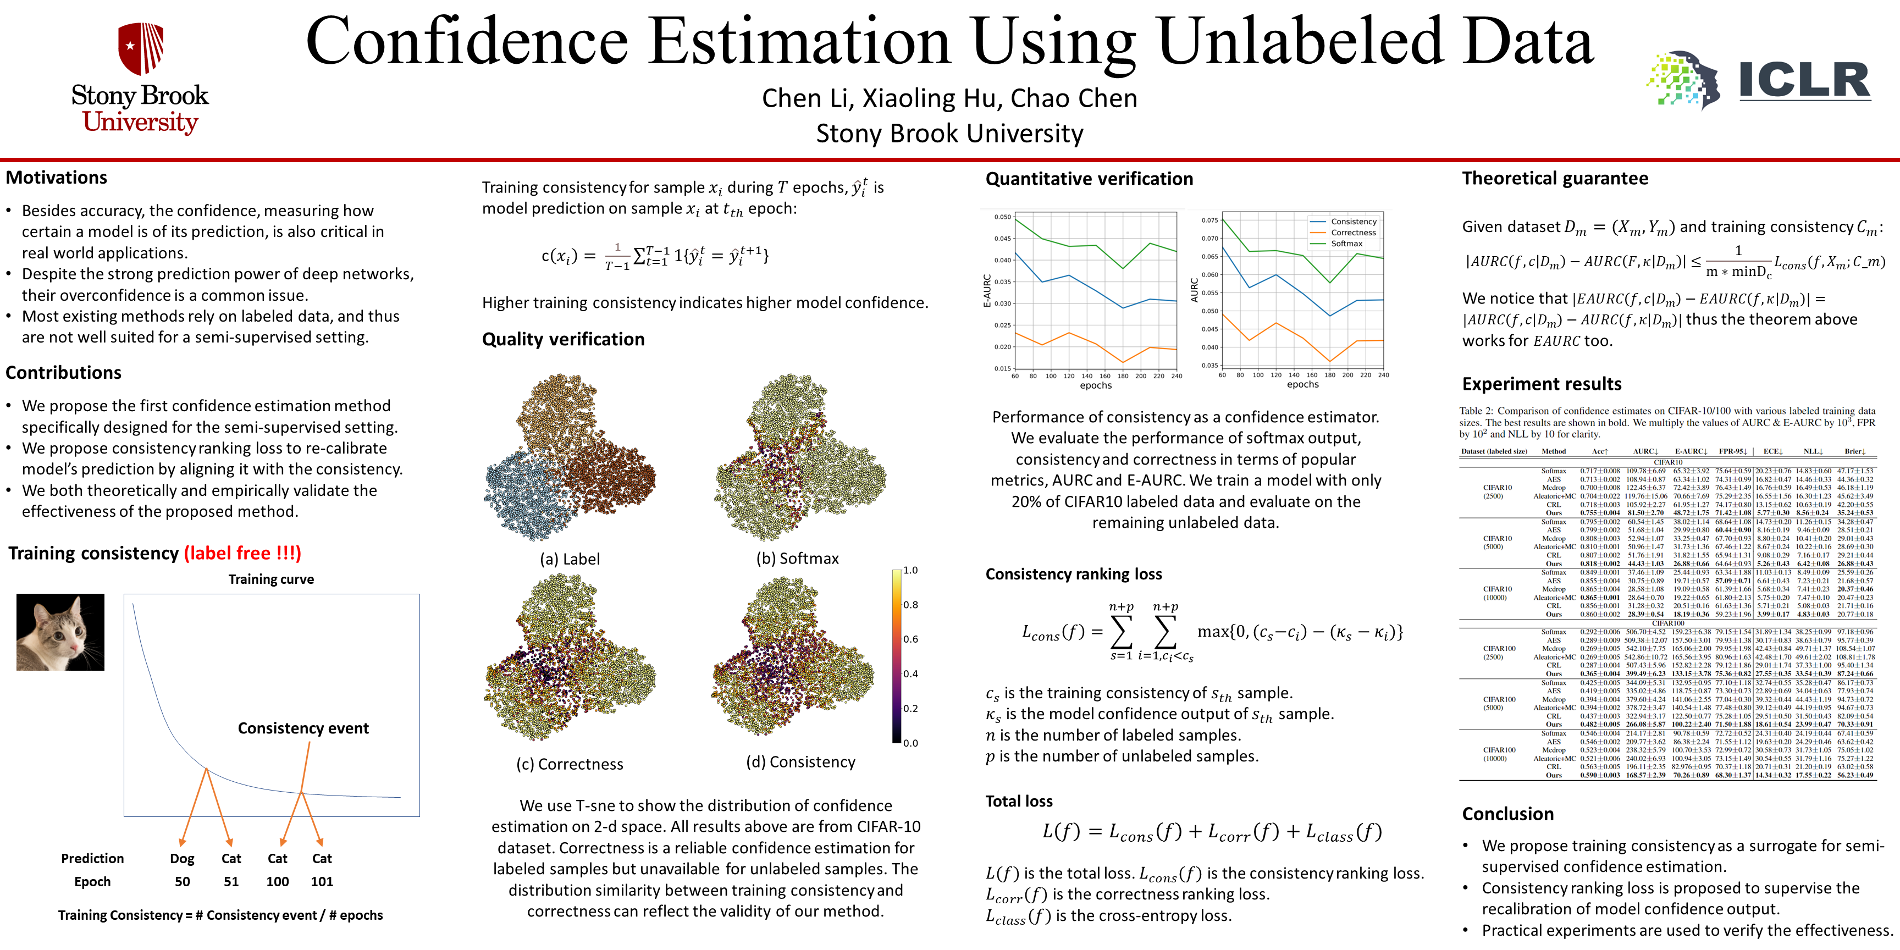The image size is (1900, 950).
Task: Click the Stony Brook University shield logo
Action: tap(141, 48)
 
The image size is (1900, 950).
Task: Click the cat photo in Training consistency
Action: tap(60, 632)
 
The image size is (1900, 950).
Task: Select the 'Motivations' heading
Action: tap(57, 178)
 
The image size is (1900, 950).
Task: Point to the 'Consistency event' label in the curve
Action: tap(303, 728)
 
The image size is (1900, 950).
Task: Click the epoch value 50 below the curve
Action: tap(182, 881)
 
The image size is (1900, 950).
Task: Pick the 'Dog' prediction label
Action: tap(182, 859)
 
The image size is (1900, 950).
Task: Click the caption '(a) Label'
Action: tap(570, 559)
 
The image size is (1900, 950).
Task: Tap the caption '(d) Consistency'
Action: tap(800, 762)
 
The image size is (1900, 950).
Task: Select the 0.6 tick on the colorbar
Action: tap(911, 639)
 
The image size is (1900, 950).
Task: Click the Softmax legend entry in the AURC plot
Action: tap(1347, 244)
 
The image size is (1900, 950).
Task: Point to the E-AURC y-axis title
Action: tap(987, 291)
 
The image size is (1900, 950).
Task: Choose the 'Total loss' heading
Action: tap(1019, 801)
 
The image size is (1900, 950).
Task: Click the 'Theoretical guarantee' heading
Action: tap(1555, 179)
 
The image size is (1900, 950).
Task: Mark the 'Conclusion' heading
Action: tap(1507, 814)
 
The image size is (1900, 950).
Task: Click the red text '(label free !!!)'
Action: tap(242, 553)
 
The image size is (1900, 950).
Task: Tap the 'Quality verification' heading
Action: tap(563, 339)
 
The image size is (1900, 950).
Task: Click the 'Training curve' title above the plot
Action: tap(270, 579)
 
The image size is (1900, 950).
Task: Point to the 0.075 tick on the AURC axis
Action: tap(1209, 220)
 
